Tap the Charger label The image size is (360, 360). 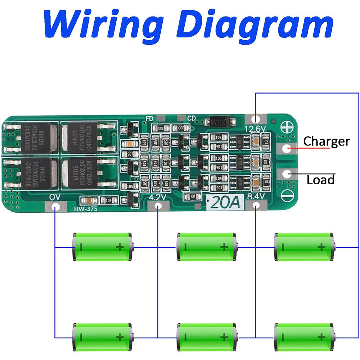point(326,141)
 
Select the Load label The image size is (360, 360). point(320,180)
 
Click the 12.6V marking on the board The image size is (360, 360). point(255,129)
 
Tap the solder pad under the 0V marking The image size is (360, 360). point(55,207)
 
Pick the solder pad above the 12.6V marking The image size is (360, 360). point(255,118)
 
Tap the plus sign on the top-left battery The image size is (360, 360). point(120,247)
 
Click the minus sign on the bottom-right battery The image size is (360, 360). point(283,337)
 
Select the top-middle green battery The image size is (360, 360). point(207,247)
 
